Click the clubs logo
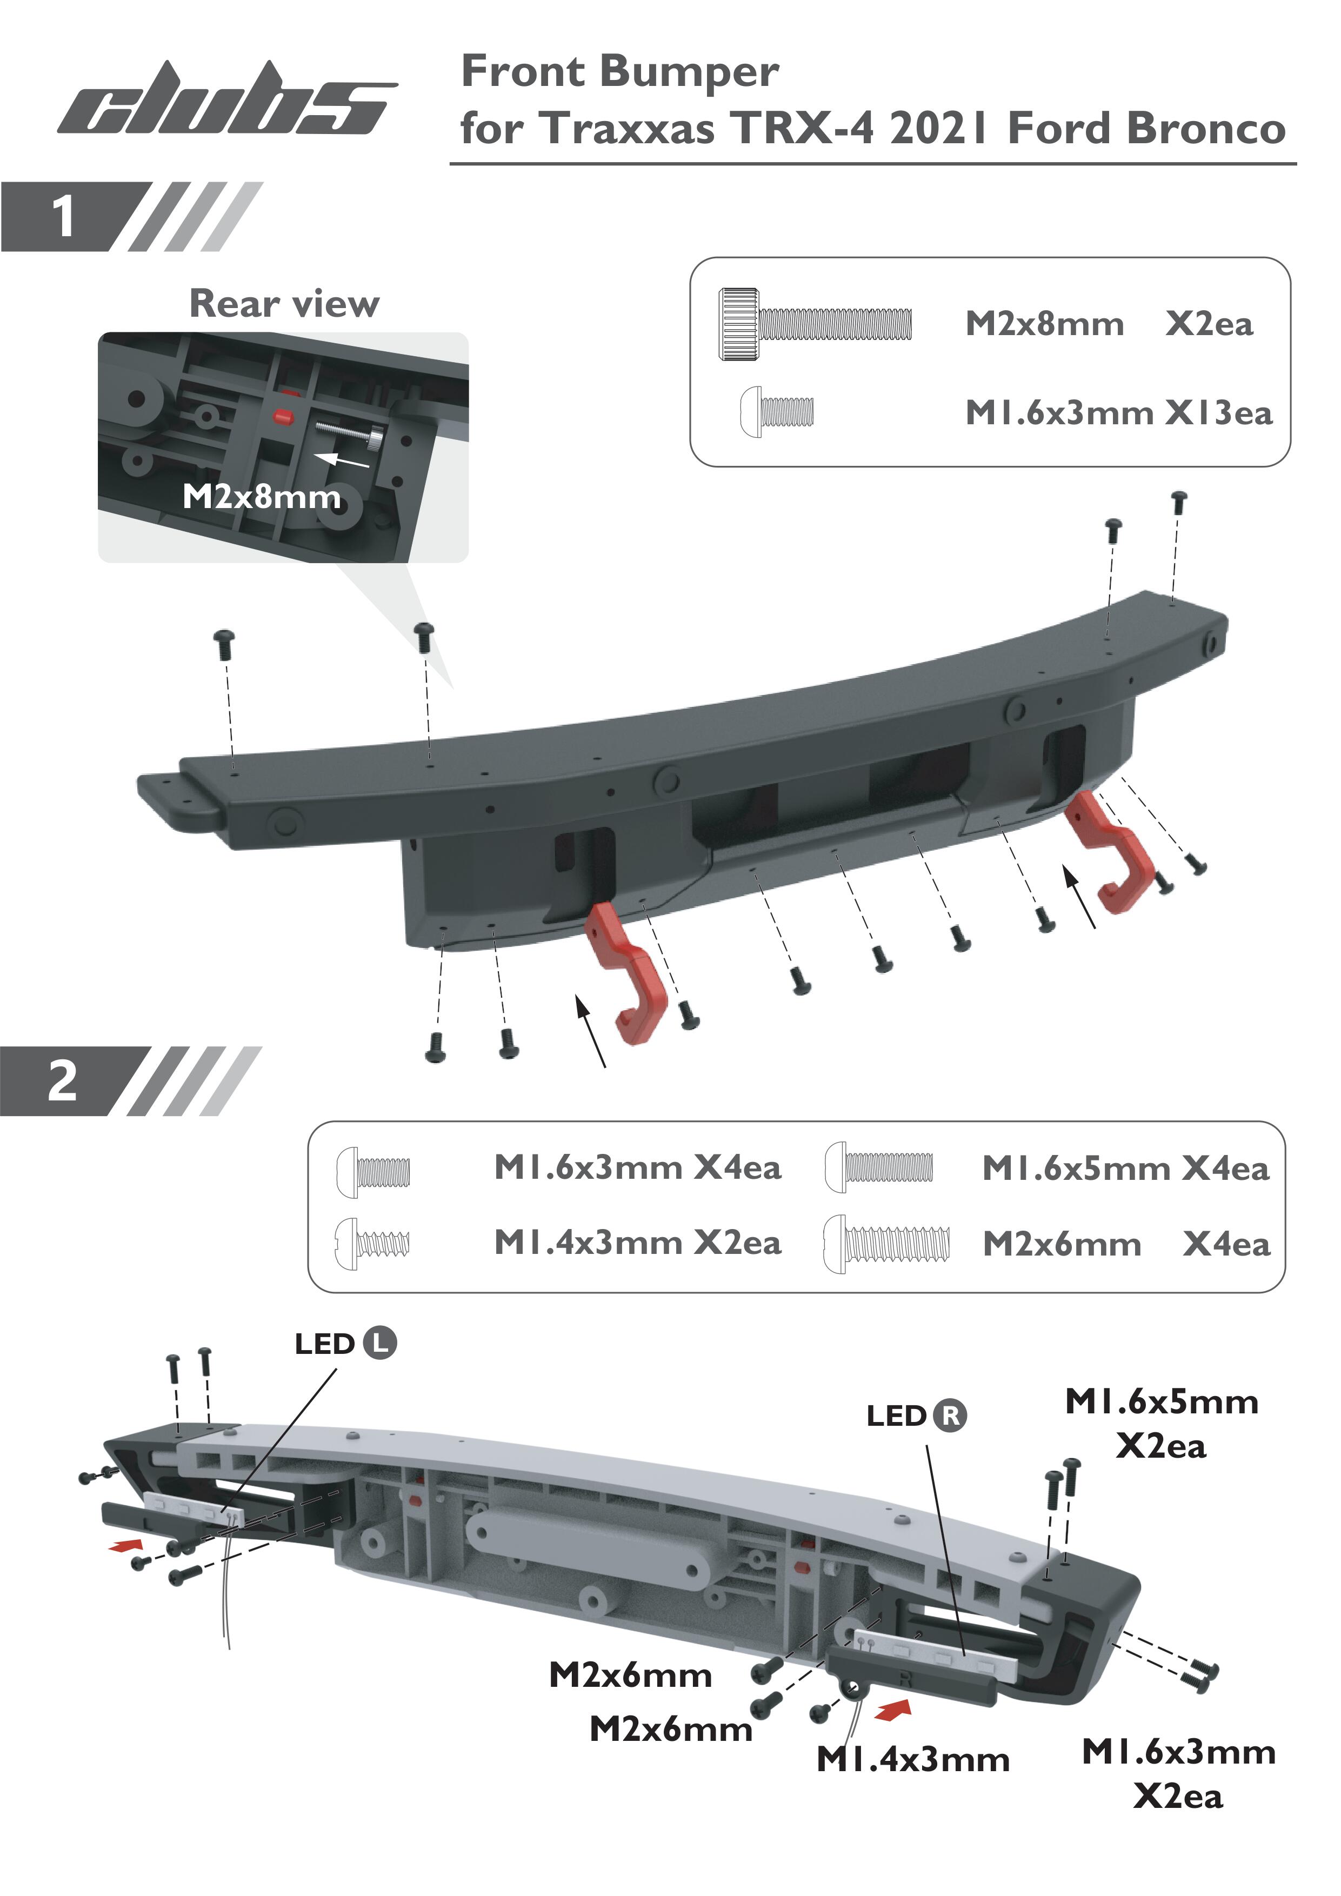227,99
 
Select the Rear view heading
285,304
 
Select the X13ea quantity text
1219,413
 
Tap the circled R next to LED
950,1416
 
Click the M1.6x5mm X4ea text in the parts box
1125,1169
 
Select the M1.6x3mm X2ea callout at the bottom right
1179,1774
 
